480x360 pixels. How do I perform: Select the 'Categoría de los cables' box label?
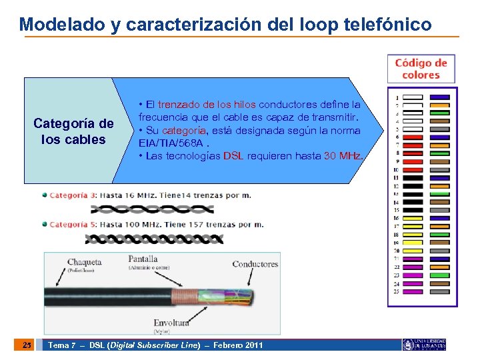point(73,131)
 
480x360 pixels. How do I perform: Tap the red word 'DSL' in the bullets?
point(233,156)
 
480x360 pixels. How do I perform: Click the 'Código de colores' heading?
point(421,69)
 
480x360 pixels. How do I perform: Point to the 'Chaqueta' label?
point(84,262)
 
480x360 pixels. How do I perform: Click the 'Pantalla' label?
point(143,259)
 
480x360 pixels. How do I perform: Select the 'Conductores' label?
point(255,264)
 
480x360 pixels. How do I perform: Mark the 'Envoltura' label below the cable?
point(171,323)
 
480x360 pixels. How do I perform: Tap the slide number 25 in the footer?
point(27,345)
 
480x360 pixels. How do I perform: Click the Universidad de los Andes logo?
point(424,345)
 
